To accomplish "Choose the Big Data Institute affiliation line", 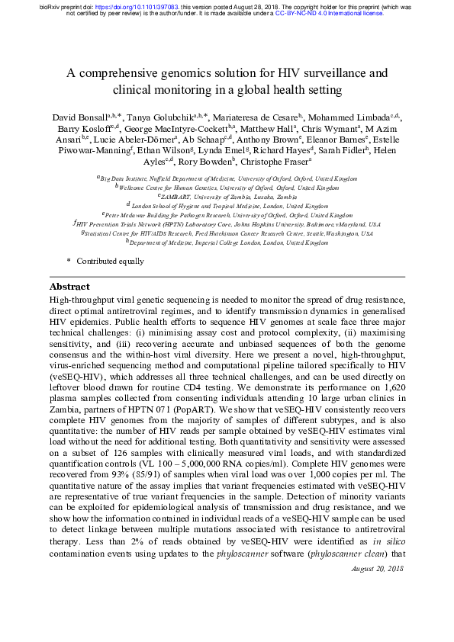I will point(229,178).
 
